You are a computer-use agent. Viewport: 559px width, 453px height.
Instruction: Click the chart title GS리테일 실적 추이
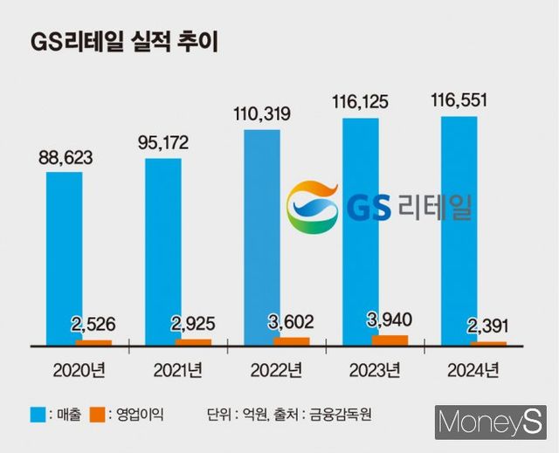[x=124, y=43]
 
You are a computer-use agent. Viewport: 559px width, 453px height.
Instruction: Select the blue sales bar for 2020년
[x=65, y=257]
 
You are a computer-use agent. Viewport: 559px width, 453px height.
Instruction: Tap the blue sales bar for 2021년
[x=163, y=251]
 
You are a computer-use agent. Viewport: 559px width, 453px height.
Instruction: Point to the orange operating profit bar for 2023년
[x=390, y=340]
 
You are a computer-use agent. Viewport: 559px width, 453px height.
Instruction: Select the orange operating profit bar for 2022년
[x=291, y=340]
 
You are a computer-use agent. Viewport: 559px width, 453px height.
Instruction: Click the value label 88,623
[x=65, y=158]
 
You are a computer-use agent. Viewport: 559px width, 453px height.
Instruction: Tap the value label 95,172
[x=163, y=141]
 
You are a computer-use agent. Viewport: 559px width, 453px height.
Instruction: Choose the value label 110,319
[x=262, y=113]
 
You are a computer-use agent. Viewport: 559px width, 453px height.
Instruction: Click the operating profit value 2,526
[x=93, y=326]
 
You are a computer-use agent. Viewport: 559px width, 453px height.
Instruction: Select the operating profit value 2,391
[x=489, y=327]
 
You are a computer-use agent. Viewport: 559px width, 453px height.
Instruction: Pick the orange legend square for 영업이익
[x=105, y=410]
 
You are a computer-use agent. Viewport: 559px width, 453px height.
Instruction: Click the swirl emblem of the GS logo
[x=313, y=208]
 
